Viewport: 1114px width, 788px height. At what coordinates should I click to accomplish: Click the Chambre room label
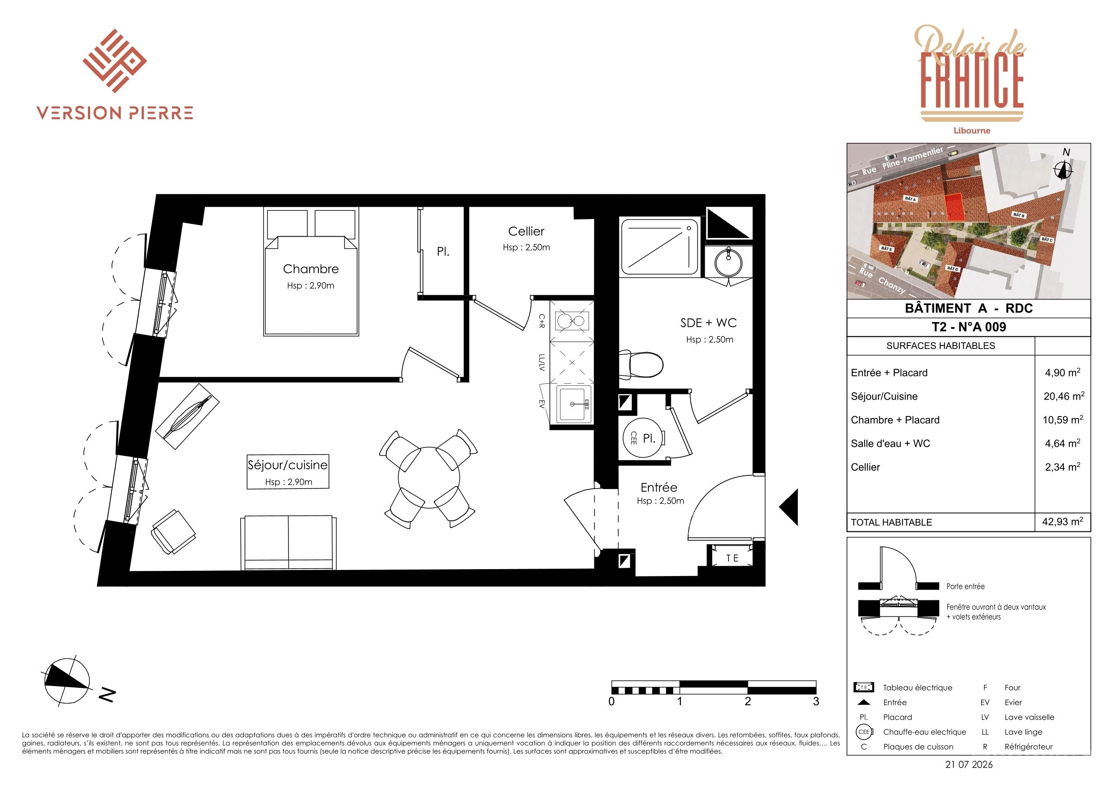pyautogui.click(x=311, y=269)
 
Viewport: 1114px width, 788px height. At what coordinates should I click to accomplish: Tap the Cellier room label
pyautogui.click(x=526, y=231)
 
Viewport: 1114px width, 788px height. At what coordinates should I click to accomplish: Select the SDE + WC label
pyautogui.click(x=709, y=323)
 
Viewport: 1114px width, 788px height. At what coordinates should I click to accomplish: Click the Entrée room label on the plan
pyautogui.click(x=658, y=488)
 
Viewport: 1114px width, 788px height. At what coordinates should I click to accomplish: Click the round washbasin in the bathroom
pyautogui.click(x=728, y=262)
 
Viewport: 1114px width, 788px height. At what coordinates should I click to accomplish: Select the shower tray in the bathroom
pyautogui.click(x=659, y=247)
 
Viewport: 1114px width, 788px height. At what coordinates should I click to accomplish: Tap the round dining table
pyautogui.click(x=429, y=478)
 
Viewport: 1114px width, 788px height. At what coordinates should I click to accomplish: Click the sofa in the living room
pyautogui.click(x=288, y=542)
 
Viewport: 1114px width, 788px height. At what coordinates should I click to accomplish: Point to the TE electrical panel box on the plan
pyautogui.click(x=732, y=558)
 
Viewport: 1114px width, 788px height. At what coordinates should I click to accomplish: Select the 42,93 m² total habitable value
pyautogui.click(x=1062, y=521)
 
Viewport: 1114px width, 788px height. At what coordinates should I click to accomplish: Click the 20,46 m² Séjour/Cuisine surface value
pyautogui.click(x=1063, y=396)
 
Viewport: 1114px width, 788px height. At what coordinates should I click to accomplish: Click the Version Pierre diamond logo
pyautogui.click(x=114, y=61)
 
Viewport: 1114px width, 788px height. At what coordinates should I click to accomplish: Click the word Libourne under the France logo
pyautogui.click(x=972, y=130)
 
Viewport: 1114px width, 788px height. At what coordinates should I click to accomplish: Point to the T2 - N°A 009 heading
pyautogui.click(x=968, y=327)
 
